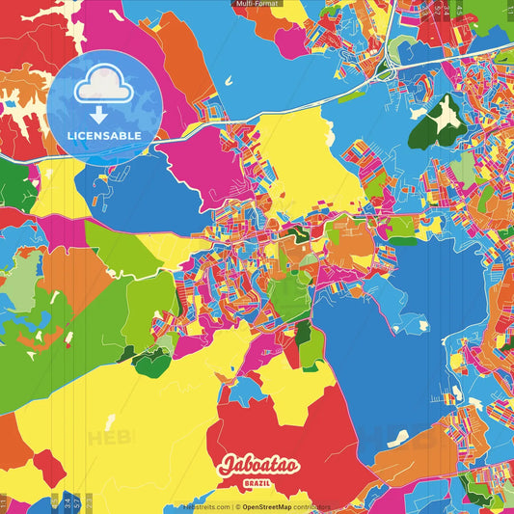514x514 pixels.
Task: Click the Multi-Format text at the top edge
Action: pos(257,4)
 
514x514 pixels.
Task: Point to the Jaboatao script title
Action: pos(258,467)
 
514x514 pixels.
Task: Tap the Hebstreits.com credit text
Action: pos(205,506)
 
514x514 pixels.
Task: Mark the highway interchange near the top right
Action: pos(385,69)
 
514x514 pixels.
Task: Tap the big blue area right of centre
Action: pos(386,328)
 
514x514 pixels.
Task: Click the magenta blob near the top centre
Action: pos(289,41)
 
